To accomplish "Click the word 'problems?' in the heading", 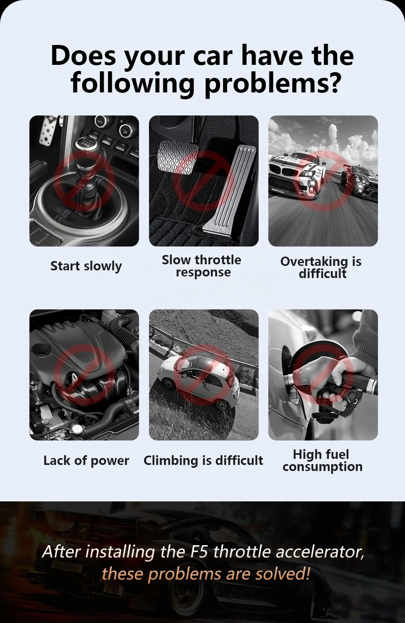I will click(x=272, y=83).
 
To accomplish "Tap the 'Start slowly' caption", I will click(x=86, y=266).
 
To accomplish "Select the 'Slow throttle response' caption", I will click(x=202, y=266).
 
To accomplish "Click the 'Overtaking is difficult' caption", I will click(x=321, y=267).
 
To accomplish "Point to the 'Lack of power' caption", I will click(x=86, y=460).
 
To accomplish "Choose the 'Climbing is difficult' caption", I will click(x=203, y=460).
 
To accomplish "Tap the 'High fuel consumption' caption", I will click(x=322, y=460).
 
